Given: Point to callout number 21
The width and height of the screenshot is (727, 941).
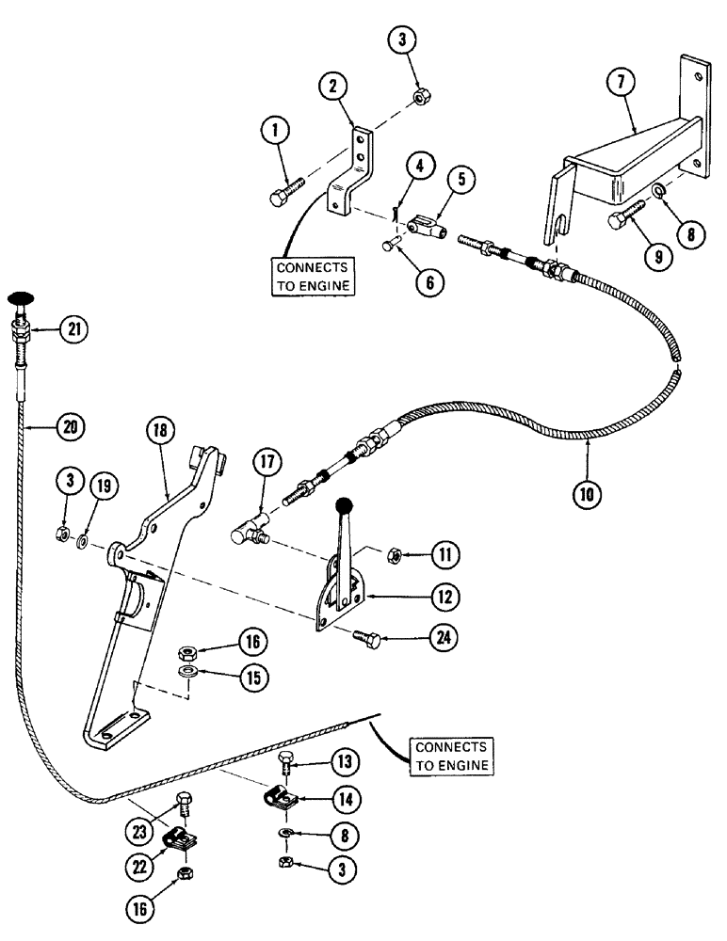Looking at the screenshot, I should (73, 328).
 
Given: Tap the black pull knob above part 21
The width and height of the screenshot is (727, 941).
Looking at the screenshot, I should (19, 298).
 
